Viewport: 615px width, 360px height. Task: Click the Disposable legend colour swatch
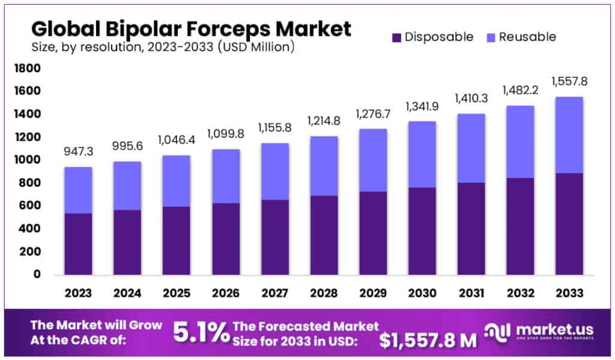click(x=396, y=37)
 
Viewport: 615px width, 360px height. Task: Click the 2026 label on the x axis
click(x=226, y=293)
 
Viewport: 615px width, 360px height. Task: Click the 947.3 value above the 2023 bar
click(x=79, y=151)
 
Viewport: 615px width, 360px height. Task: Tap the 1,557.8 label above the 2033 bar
click(x=568, y=82)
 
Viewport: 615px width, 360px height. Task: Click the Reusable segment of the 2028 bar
click(x=324, y=166)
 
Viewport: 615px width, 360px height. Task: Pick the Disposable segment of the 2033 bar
click(x=568, y=224)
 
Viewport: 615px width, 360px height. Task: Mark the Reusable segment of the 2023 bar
click(x=79, y=190)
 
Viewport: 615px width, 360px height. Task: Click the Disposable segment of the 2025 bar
click(x=177, y=240)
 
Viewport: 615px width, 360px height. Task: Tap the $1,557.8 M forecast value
click(x=428, y=340)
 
